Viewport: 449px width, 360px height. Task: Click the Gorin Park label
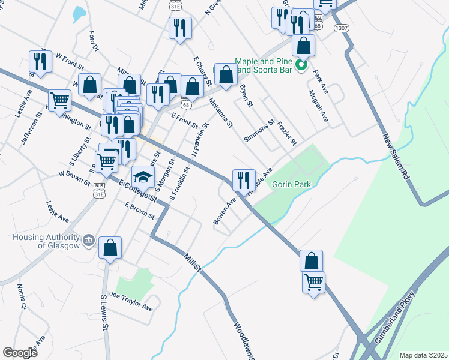(292, 184)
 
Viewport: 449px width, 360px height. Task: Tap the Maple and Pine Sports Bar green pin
(303, 65)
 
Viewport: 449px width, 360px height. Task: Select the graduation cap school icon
(143, 176)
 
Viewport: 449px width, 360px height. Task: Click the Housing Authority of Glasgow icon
(89, 241)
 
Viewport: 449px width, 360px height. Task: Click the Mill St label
(191, 262)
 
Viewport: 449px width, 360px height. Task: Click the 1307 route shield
(342, 28)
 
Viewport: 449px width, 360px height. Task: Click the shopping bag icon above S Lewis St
(110, 248)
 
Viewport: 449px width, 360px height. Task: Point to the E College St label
(137, 190)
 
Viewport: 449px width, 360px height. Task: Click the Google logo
(20, 353)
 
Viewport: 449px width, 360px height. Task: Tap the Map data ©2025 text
(423, 355)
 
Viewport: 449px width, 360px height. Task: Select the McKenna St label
(220, 113)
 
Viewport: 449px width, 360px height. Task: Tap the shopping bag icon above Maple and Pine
(304, 46)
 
